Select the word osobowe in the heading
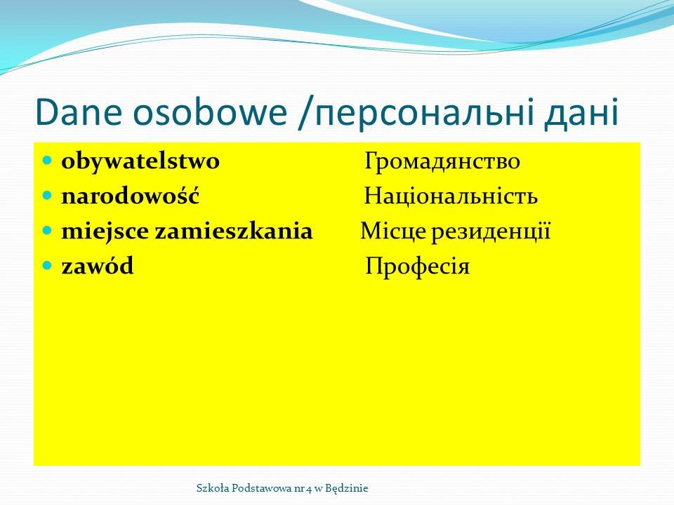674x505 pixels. point(210,112)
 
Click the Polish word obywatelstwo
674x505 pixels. point(140,162)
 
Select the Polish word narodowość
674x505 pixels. point(131,196)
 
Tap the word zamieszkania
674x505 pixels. point(233,231)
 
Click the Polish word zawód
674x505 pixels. point(98,265)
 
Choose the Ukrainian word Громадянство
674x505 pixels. point(442,162)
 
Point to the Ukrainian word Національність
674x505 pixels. point(451,196)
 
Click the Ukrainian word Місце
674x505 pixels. point(393,231)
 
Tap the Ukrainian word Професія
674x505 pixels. point(417,267)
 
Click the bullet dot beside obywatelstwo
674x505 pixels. point(47,161)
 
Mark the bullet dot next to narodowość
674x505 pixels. point(47,196)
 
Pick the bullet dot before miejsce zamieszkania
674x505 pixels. point(47,231)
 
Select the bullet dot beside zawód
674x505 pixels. point(47,265)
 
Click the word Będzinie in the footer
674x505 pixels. point(346,489)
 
